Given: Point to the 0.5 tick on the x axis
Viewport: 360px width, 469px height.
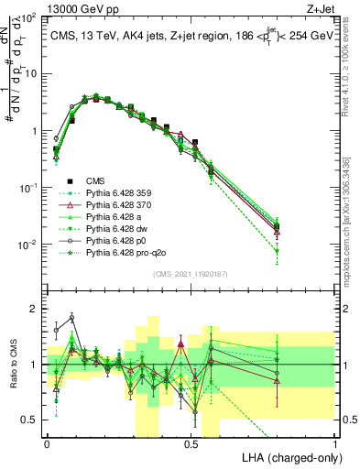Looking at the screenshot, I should click(191, 442).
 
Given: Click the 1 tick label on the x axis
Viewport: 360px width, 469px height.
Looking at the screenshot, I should click(335, 442).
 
